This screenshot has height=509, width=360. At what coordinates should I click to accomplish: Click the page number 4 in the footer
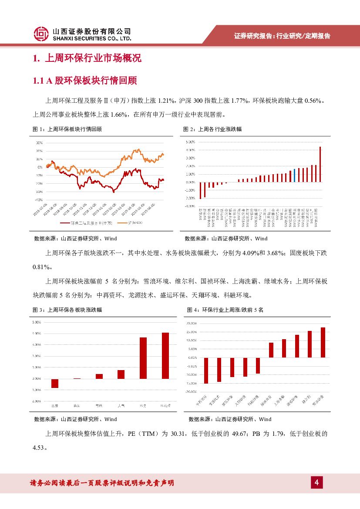pos(316,482)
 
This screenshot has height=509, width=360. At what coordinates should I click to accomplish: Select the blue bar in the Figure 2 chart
pos(294,175)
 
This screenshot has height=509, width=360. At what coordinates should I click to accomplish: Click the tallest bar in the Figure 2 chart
pos(320,164)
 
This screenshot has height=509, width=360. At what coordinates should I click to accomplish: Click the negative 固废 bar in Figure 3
pos(55,383)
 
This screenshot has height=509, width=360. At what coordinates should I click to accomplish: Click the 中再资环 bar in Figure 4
pos(206,371)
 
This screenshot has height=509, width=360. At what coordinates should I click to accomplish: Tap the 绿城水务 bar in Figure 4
pos(271,350)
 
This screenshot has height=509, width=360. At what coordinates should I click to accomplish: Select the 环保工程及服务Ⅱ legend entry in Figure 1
pos(90,223)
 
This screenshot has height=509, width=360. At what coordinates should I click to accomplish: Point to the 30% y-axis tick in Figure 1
pos(39,143)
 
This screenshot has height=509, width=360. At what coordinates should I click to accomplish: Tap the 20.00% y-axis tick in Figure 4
pos(192,324)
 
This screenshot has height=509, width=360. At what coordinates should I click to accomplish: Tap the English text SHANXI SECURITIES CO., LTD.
pos(92,38)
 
